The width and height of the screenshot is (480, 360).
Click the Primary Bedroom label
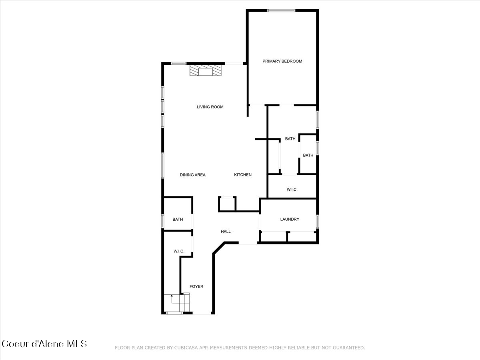282,61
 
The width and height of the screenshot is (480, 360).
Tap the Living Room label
210,107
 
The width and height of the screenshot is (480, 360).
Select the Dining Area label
192,175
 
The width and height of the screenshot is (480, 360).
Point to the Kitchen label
243,175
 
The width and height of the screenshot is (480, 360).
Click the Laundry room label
290,219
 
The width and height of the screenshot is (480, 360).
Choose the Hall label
226,232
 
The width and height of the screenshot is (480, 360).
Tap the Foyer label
196,286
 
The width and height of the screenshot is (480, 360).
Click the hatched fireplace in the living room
205,72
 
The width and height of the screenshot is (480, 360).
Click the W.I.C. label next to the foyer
178,251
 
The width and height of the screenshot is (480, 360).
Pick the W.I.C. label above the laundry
292,190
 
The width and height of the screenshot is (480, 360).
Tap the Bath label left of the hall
178,219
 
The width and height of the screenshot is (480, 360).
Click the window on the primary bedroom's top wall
281,10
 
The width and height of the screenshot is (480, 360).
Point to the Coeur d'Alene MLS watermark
44,344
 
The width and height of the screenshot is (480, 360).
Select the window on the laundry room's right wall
317,221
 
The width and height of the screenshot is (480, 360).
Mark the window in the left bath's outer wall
163,221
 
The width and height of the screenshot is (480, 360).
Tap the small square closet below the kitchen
227,204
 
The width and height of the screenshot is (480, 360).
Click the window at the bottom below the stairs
175,313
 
